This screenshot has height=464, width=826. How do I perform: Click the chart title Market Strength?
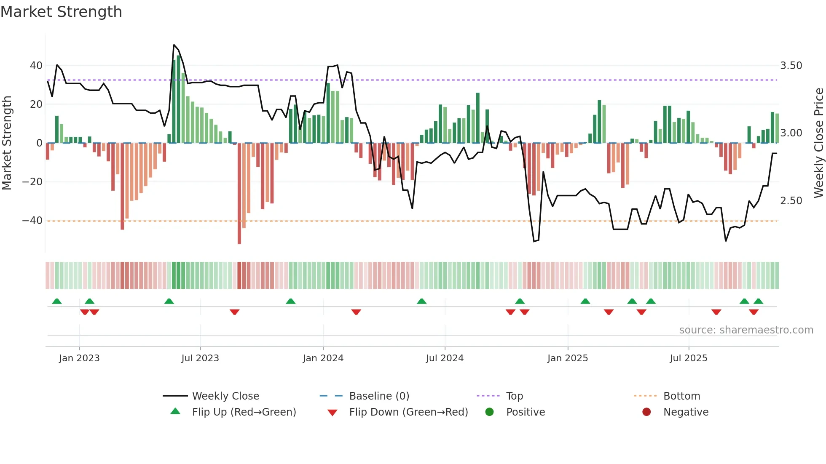coord(61,12)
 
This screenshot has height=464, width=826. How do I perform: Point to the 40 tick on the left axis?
coord(36,66)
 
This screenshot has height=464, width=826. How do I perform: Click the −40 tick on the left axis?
coord(32,221)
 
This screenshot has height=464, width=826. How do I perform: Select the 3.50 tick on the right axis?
coord(791,66)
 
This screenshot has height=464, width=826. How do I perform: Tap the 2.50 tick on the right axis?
coord(791,201)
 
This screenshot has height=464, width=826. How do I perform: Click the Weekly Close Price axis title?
coord(818,143)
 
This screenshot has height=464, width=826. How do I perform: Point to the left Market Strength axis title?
coord(7,143)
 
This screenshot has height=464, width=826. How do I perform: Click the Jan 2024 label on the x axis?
coord(323,358)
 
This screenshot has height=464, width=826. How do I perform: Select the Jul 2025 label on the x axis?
coord(688,358)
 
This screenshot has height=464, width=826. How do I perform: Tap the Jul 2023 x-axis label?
coord(200,358)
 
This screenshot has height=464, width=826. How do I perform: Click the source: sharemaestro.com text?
coord(746,330)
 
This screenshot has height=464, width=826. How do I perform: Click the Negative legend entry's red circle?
coord(646,412)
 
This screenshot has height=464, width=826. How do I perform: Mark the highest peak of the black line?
coord(174,45)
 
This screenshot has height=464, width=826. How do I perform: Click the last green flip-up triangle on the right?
coord(758,301)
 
